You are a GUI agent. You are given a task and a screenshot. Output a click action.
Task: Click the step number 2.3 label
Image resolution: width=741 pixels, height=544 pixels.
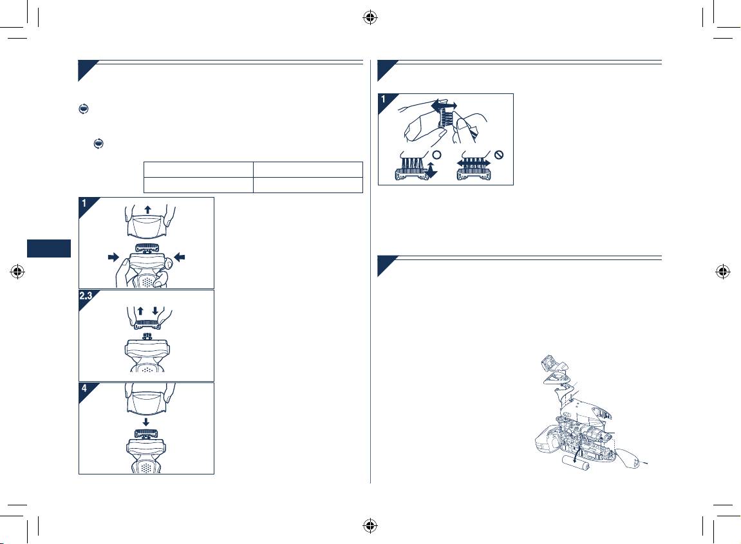(86, 296)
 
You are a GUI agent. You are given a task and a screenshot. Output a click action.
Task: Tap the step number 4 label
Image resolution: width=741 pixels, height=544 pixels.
(84, 388)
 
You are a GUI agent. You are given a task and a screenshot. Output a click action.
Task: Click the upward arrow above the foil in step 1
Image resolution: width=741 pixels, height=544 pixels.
(148, 210)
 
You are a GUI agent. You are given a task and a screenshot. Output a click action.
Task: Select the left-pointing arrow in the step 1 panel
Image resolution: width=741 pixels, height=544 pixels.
(180, 257)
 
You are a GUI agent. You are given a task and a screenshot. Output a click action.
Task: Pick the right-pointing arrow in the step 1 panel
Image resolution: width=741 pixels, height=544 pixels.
(113, 257)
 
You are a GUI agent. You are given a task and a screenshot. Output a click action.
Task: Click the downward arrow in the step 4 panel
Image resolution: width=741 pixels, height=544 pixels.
(146, 422)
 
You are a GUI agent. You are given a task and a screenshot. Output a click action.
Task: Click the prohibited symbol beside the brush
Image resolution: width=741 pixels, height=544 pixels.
(498, 155)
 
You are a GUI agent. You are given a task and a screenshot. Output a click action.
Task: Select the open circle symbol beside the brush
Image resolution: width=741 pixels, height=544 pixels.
(437, 155)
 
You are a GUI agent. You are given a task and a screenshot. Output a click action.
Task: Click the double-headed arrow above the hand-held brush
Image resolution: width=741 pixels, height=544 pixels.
(444, 104)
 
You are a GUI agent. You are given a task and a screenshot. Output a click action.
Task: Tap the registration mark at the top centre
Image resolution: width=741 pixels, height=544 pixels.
(370, 18)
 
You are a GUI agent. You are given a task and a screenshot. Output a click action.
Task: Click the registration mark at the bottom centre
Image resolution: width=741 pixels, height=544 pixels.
(370, 525)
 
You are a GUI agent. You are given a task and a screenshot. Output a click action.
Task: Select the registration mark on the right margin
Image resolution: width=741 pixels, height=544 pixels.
(722, 272)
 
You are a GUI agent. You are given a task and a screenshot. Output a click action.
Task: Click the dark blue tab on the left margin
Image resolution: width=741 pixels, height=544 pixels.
(49, 249)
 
